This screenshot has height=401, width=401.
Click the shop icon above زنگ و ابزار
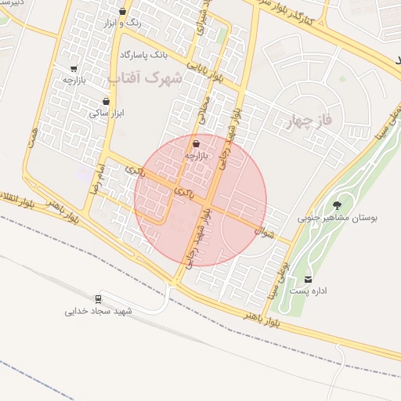122,12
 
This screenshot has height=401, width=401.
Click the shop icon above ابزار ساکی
106,101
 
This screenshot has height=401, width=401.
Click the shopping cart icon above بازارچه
74,68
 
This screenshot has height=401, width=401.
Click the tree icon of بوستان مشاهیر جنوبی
338,205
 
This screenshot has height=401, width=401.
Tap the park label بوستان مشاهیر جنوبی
338,219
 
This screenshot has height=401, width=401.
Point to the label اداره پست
307,291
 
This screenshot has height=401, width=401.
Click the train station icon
98,298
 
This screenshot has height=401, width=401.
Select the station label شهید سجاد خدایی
99,311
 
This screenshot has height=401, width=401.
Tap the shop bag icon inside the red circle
195,144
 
